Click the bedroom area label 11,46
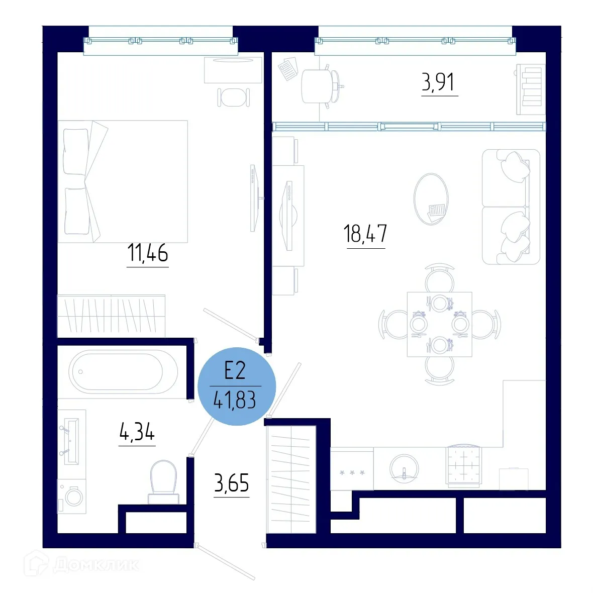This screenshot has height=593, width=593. pos(147,253)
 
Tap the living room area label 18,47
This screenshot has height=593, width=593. pos(365,234)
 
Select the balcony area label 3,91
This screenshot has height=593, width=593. pos(439,82)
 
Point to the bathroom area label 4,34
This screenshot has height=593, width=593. pos(137,432)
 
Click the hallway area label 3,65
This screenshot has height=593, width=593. pos(232,483)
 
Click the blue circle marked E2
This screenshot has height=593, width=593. pos(236,386)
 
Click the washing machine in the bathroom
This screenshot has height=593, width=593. pos(72,497)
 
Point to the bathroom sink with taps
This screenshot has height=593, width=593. pos(70,436)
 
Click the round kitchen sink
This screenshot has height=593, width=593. pos(404,469)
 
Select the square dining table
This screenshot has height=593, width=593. pos(439,324)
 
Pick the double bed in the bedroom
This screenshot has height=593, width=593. pos(123,181)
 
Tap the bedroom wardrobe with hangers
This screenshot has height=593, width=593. pos(111,316)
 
